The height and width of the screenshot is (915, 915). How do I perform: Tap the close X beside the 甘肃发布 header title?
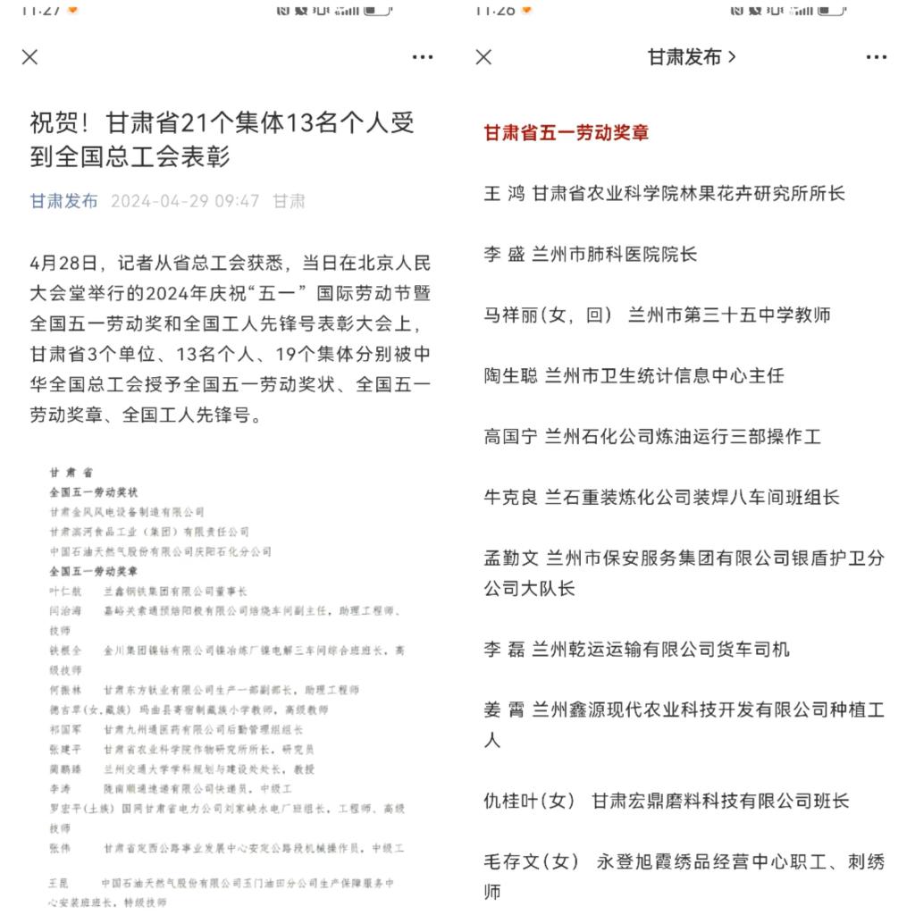[x=483, y=57]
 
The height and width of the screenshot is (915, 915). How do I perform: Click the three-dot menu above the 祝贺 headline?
[x=423, y=57]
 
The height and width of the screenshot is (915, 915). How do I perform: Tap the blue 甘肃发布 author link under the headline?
[x=64, y=201]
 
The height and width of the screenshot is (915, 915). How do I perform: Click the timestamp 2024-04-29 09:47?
[x=185, y=201]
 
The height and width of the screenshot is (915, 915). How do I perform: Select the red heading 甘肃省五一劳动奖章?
[x=567, y=133]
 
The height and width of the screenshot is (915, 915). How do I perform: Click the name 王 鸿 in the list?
[x=505, y=194]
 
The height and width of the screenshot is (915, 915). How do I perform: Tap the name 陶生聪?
[x=510, y=376]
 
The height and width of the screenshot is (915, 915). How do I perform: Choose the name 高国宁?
[x=510, y=437]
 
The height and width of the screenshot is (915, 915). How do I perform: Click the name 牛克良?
[x=510, y=498]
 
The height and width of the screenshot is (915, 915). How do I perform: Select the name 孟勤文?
[x=510, y=558]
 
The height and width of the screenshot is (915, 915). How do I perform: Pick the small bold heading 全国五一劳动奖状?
[x=94, y=492]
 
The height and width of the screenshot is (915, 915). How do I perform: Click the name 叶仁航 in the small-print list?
[x=65, y=591]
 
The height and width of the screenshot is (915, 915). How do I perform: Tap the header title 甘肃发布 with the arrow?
[x=692, y=57]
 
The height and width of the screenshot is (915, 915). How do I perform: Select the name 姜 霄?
[x=505, y=710]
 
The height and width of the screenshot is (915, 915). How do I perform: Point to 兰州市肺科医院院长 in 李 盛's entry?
[x=614, y=255]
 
